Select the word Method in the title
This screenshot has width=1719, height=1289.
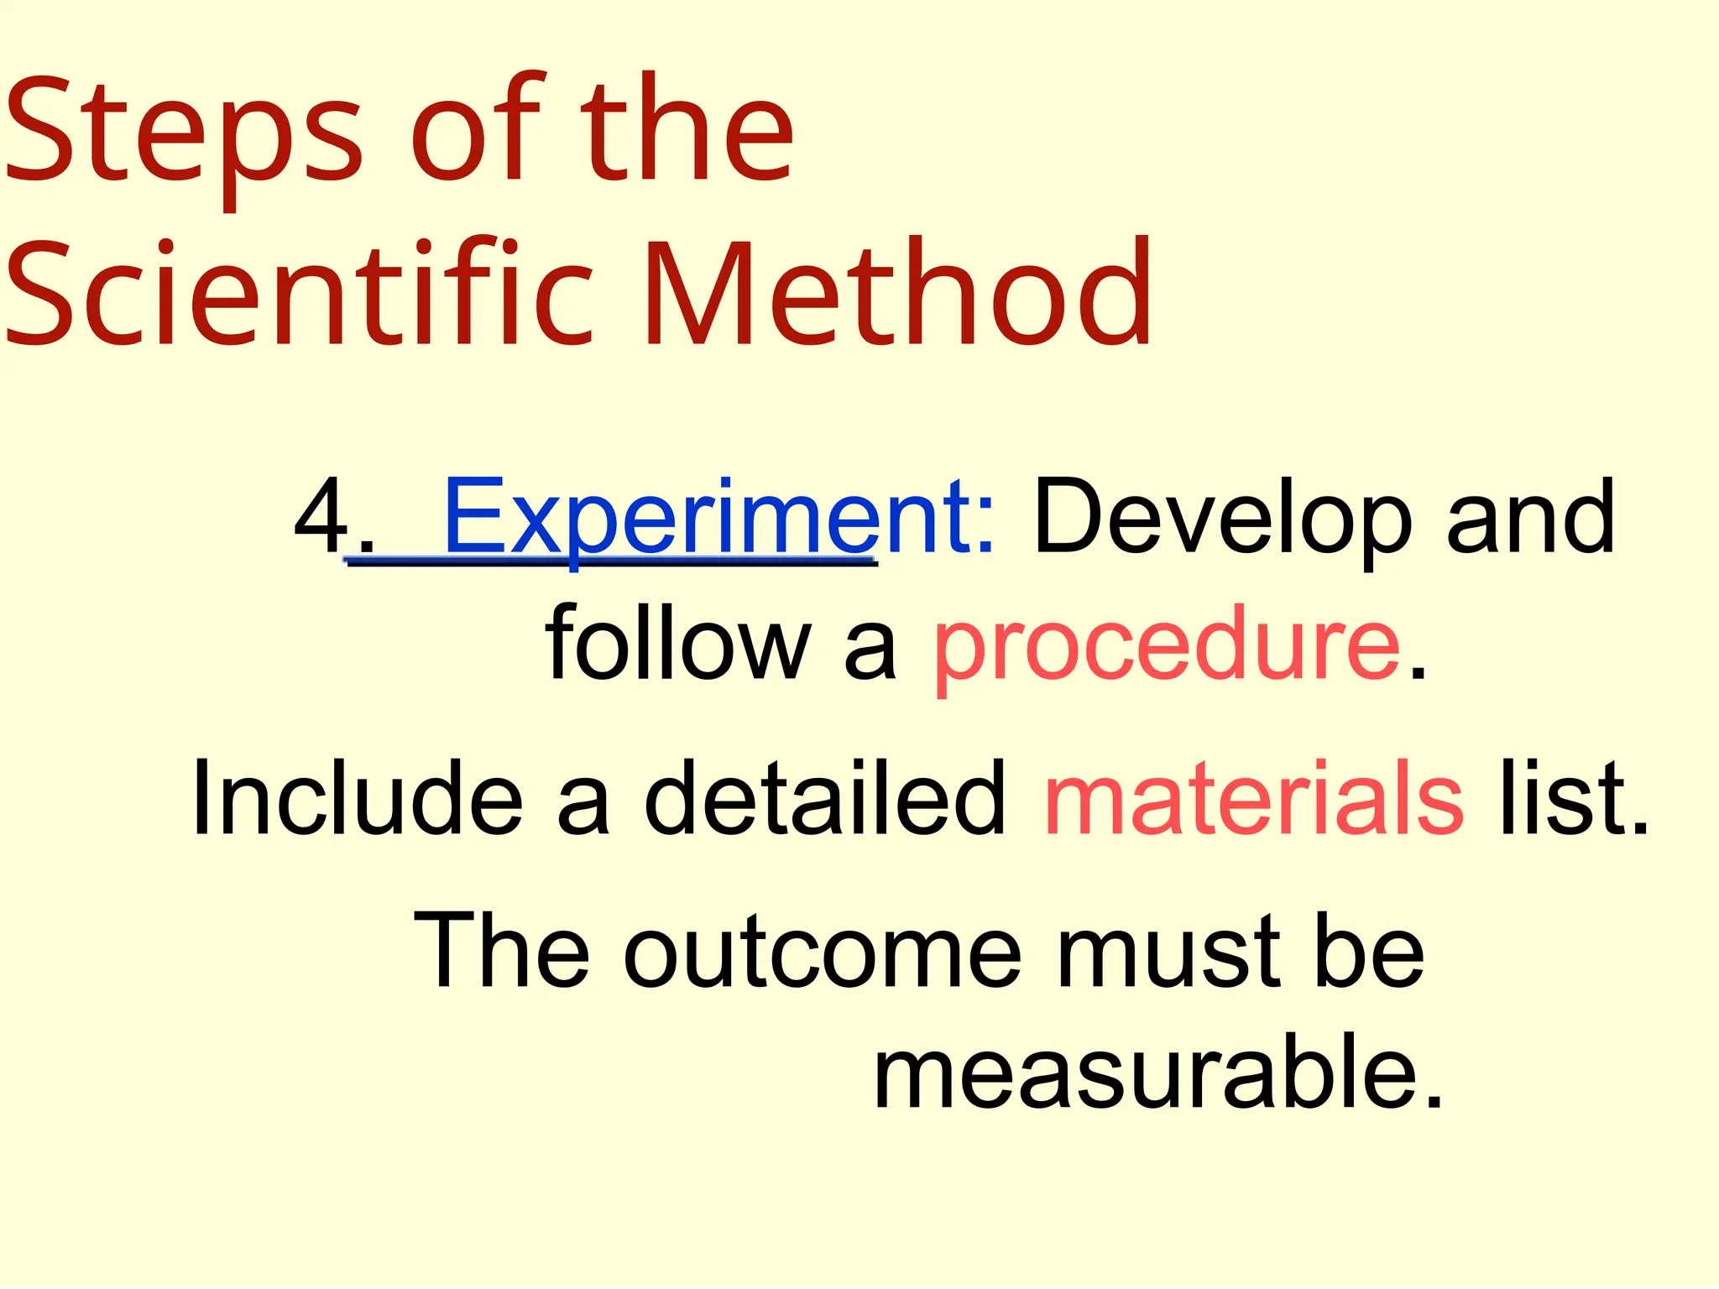898,294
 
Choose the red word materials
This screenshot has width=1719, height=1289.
1255,797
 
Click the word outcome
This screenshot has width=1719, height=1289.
823,952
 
